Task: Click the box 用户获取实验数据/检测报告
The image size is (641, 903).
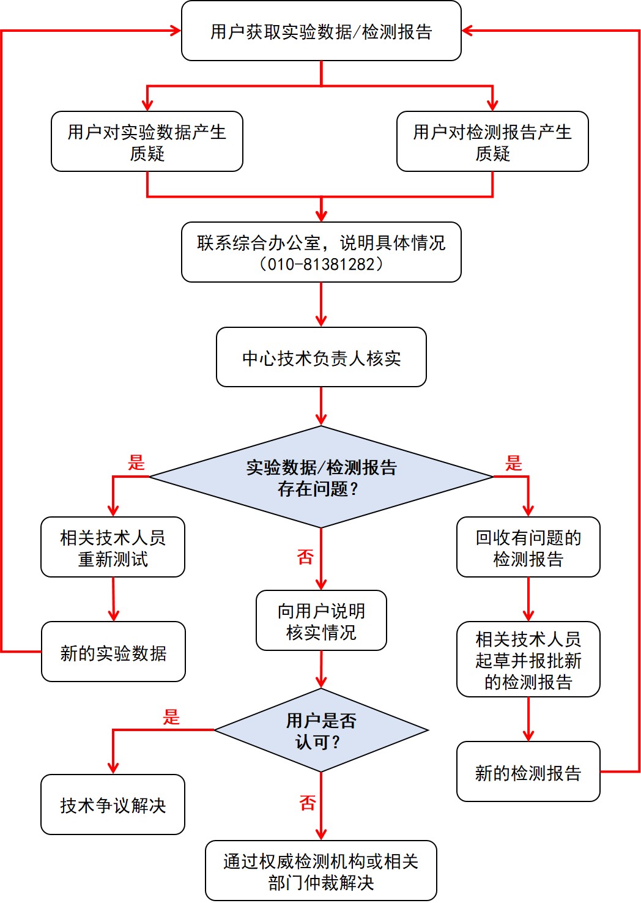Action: click(x=321, y=31)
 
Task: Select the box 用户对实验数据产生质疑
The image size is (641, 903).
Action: click(x=147, y=142)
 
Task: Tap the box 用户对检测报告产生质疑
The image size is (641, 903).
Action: click(x=492, y=142)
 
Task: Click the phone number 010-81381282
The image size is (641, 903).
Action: click(x=321, y=264)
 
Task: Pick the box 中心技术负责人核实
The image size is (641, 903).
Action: click(x=321, y=357)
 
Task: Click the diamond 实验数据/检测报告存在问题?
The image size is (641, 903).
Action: click(x=321, y=477)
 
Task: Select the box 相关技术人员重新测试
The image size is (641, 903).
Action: click(x=113, y=548)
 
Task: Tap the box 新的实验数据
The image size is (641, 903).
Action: click(x=113, y=652)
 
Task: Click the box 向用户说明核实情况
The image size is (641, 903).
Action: click(x=321, y=621)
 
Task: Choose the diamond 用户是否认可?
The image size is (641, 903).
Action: click(x=321, y=730)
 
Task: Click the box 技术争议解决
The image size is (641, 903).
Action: click(x=113, y=805)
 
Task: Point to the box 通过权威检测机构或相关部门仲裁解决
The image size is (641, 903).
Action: click(x=321, y=871)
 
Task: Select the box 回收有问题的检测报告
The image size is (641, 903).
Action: click(x=528, y=548)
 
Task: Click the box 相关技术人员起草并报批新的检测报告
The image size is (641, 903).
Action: click(x=528, y=660)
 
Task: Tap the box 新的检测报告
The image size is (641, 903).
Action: click(x=528, y=772)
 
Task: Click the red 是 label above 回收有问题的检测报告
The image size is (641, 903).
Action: click(x=514, y=463)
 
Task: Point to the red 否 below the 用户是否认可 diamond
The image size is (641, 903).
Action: click(x=308, y=803)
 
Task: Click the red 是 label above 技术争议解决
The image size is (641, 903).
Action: click(x=171, y=717)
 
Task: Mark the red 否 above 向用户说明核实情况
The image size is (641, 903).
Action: click(x=305, y=557)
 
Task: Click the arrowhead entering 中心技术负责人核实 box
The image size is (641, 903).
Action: click(x=321, y=321)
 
